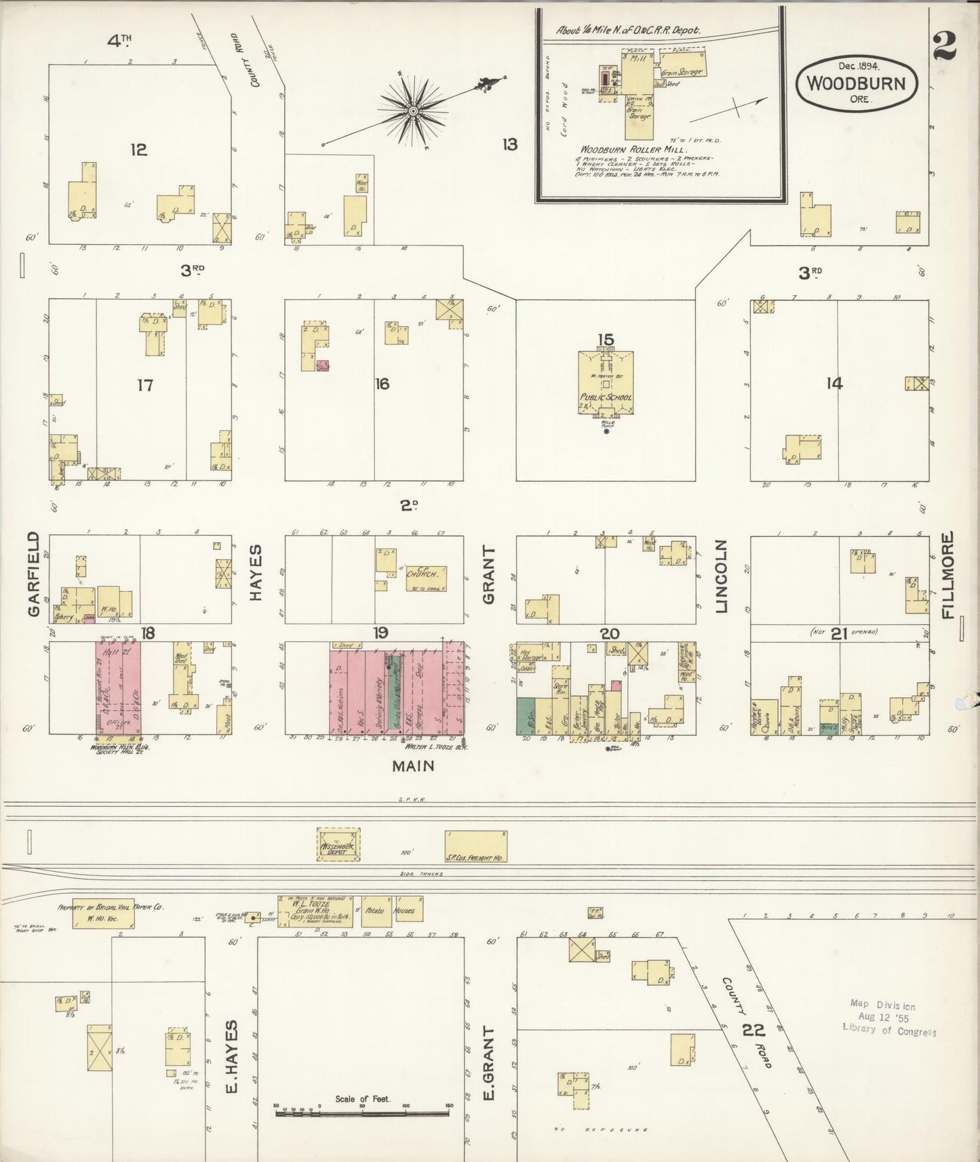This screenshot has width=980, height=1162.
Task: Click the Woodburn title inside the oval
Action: [x=857, y=84]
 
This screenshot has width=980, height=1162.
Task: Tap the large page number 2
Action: [x=944, y=46]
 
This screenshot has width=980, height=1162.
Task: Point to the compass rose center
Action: [x=412, y=111]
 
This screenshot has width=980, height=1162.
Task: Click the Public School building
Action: [x=606, y=383]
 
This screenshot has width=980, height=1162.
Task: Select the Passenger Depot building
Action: [x=339, y=844]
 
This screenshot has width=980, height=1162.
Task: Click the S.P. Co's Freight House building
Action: [x=475, y=847]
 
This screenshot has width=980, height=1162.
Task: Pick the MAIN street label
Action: [x=413, y=766]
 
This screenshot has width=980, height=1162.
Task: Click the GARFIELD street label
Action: [x=33, y=574]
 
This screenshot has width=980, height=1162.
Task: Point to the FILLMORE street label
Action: [x=947, y=575]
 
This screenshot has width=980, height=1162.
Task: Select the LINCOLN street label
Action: [x=721, y=577]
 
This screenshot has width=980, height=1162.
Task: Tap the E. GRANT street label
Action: [x=488, y=1063]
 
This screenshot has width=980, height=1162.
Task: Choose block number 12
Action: [x=138, y=149]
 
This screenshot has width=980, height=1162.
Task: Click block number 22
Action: [x=753, y=1030]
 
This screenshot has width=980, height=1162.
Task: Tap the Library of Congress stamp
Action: [x=888, y=1017]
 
